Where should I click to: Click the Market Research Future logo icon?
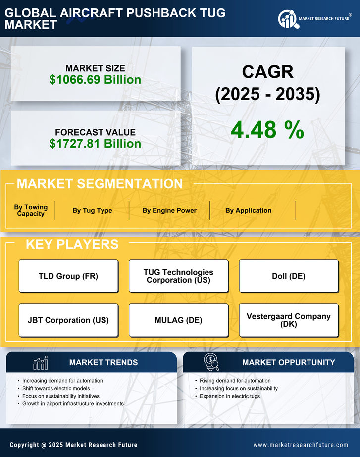[288, 19]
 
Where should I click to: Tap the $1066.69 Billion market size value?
[95, 79]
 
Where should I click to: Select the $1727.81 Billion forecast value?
[95, 144]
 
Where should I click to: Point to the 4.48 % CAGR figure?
[267, 130]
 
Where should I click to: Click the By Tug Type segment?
[92, 210]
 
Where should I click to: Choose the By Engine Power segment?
[169, 210]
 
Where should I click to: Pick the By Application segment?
[248, 210]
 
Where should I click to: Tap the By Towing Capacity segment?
[31, 210]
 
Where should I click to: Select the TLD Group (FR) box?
[68, 276]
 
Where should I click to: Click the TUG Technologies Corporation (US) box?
[178, 276]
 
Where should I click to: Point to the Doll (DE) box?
[289, 276]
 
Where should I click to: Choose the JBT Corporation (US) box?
[68, 320]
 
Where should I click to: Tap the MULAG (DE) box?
[178, 320]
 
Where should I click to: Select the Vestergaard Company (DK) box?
[289, 320]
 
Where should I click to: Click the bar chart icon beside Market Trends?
[40, 363]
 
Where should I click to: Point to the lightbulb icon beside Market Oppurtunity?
[211, 362]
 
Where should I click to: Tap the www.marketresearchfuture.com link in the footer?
[301, 445]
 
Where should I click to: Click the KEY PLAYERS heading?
[72, 244]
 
